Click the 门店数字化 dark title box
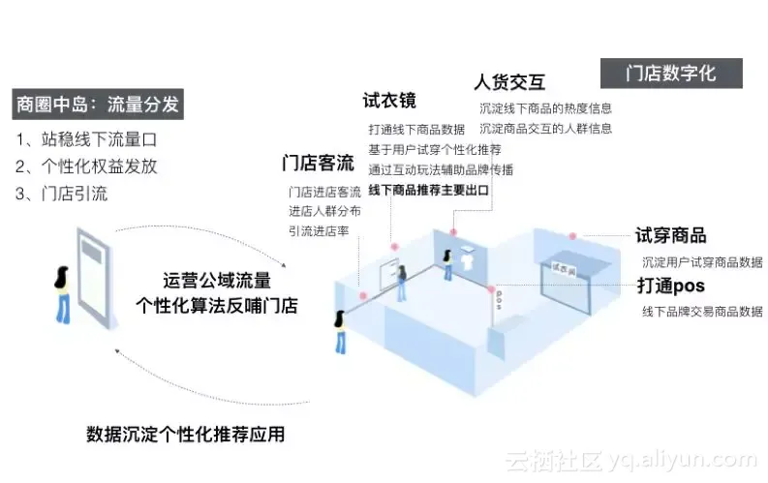tap(671, 74)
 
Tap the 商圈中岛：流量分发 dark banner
tap(98, 104)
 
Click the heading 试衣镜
tap(389, 100)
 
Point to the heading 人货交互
tap(507, 81)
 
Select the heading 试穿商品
tap(670, 235)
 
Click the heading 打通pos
tap(670, 286)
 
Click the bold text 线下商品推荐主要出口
tap(428, 190)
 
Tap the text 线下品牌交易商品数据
tap(701, 312)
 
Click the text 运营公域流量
tap(217, 281)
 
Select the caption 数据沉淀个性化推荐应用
tap(186, 434)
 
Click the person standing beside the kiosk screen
tap(63, 293)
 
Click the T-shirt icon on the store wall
tap(469, 257)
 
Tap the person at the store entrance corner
tap(341, 332)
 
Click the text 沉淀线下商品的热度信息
tap(545, 108)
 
